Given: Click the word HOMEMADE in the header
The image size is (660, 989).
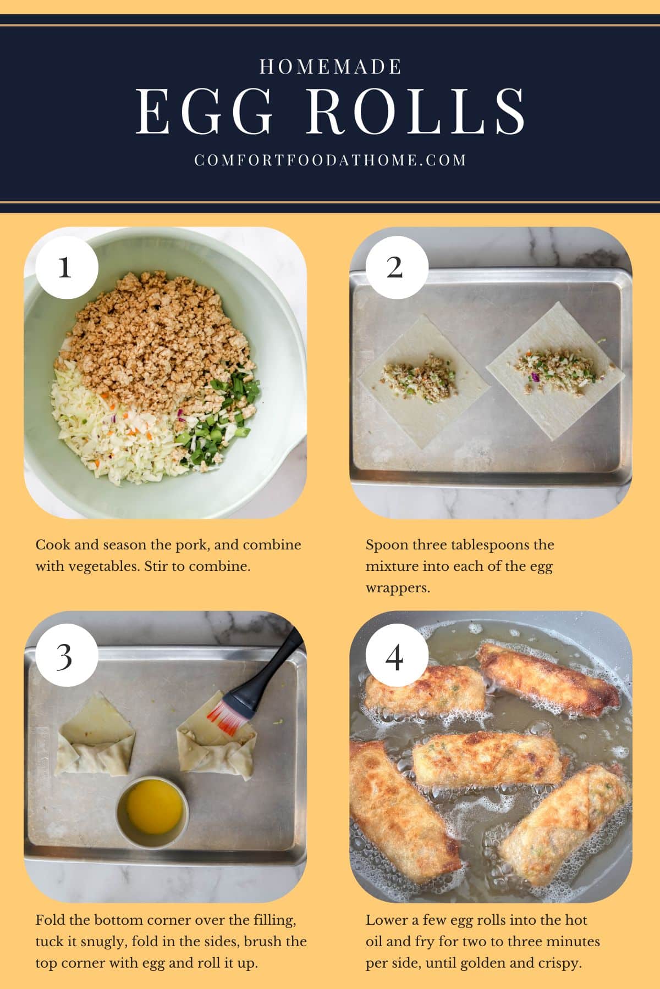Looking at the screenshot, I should (330, 67).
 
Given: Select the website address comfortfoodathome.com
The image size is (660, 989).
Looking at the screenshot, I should (330, 160).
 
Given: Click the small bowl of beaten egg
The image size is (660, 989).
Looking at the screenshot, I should (153, 812).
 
